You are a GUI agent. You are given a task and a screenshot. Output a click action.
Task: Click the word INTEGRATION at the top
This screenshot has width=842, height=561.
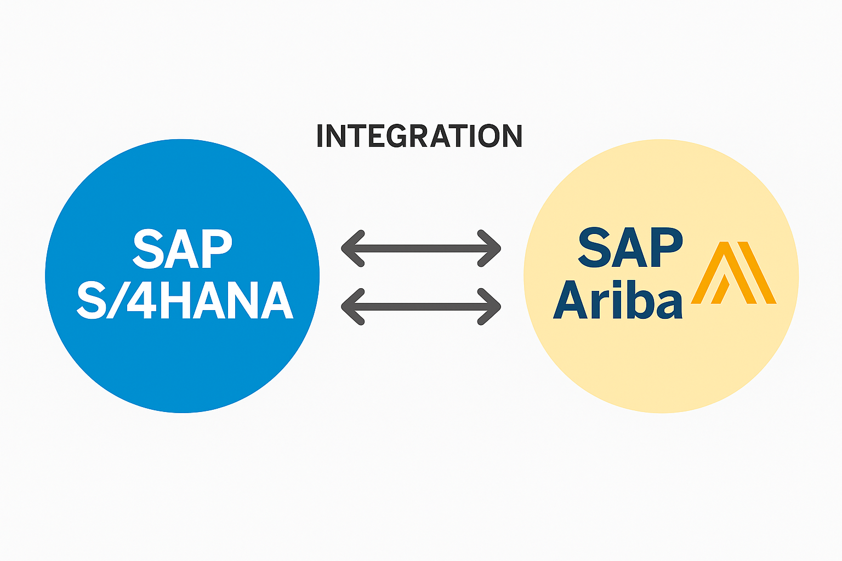(x=419, y=136)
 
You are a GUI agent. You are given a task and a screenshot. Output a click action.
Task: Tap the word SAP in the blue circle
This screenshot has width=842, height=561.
(x=183, y=249)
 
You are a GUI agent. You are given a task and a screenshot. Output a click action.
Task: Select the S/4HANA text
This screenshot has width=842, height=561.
(x=185, y=300)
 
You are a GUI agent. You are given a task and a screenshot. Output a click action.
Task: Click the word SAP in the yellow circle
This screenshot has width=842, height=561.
(x=630, y=248)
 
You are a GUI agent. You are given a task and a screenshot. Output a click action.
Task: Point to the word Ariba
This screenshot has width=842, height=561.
(x=618, y=300)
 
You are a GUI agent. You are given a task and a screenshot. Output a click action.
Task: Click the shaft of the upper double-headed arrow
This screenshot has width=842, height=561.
(x=421, y=249)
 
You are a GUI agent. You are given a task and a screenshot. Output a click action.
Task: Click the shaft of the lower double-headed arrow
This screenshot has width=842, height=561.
(x=421, y=306)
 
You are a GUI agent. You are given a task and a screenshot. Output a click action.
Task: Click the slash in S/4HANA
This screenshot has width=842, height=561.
(x=117, y=300)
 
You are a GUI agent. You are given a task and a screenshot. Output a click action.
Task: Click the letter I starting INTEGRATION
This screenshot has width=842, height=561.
(x=320, y=136)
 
